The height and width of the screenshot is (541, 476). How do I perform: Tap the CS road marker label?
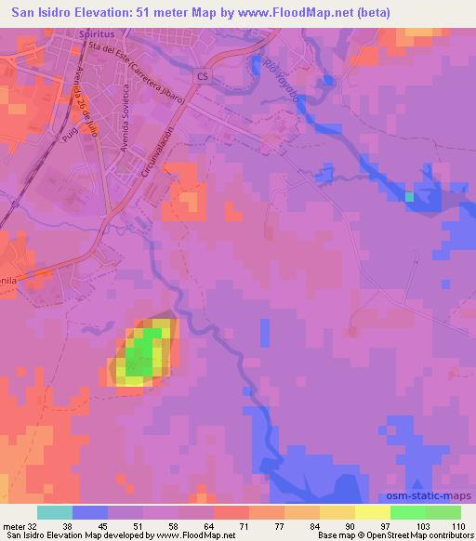pyautogui.click(x=204, y=74)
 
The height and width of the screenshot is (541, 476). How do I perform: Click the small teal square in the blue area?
pyautogui.click(x=409, y=196)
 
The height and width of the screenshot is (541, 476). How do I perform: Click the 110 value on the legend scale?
pyautogui.click(x=458, y=525)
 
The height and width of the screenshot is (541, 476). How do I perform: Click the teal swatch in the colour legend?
pyautogui.click(x=55, y=512)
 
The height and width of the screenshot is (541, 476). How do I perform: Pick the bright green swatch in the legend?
pyautogui.click(x=407, y=512)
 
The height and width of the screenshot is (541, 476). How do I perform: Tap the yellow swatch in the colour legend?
pyautogui.click(x=372, y=512)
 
